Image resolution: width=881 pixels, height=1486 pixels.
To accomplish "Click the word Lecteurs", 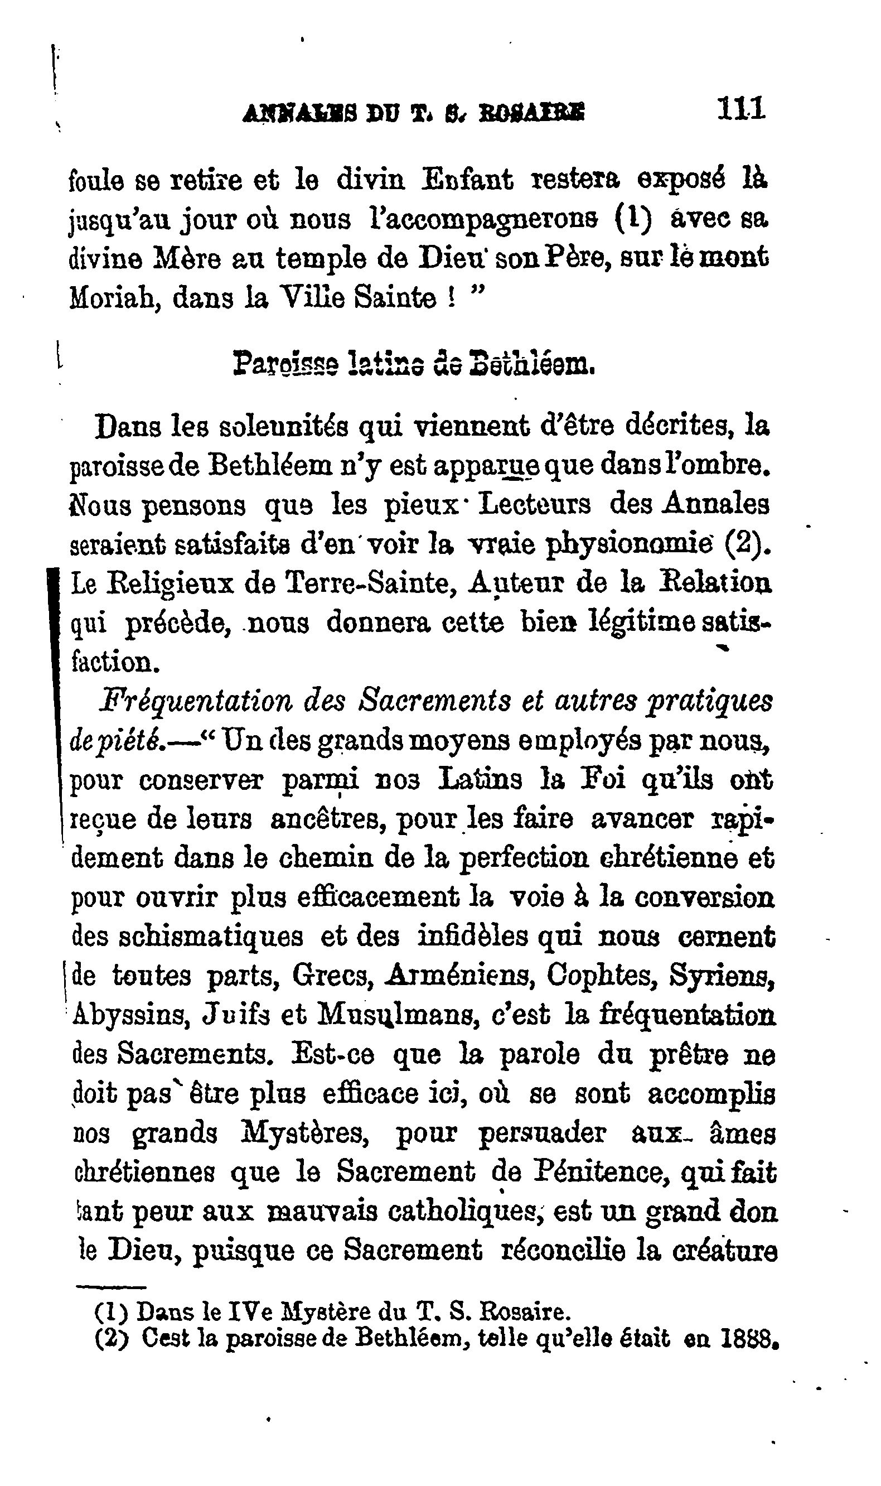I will pyautogui.click(x=534, y=505).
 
